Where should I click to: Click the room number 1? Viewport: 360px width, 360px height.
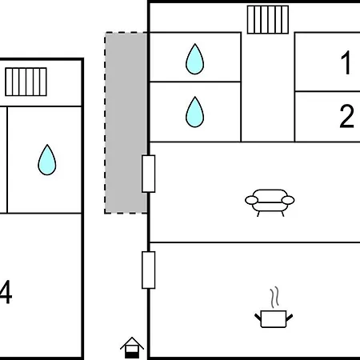pos(346,63)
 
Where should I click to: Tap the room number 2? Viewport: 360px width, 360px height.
pos(346,116)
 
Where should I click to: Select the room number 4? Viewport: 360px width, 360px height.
pos(6,292)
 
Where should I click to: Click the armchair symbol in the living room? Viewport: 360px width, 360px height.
pos(270,202)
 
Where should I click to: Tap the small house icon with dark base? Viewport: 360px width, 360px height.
pos(132,348)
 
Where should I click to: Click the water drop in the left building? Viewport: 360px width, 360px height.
pos(47,160)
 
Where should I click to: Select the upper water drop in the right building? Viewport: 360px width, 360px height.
pos(194,59)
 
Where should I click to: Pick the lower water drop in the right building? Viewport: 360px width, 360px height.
pos(194,112)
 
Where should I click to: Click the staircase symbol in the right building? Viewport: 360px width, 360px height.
pos(268,20)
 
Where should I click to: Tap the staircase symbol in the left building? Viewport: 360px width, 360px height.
pos(26,82)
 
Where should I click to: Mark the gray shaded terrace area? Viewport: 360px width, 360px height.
pos(126,122)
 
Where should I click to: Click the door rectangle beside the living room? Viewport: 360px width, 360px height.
pos(149,174)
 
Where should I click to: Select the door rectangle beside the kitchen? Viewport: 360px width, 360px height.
pos(149,270)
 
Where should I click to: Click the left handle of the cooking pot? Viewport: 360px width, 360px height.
pos(258,318)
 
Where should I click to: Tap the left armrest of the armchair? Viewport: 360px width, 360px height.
pos(251,200)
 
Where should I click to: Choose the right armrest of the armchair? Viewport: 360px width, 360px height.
pos(288,200)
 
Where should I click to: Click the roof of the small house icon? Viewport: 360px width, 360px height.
pos(132,343)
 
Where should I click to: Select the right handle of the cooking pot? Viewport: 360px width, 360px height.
pos(290,318)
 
